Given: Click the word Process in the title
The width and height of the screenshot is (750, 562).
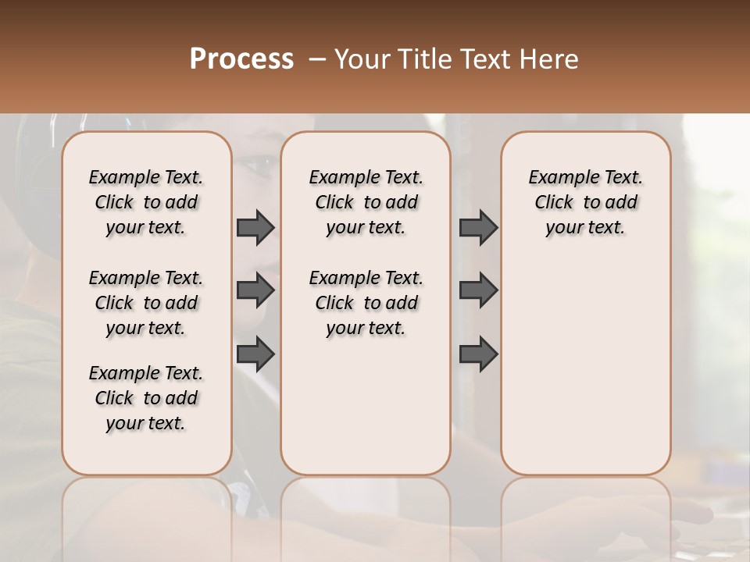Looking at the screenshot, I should coord(241,59).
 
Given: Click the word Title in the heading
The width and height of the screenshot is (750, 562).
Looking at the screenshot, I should coord(422,59).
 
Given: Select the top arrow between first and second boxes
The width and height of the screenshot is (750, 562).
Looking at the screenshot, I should coord(255,227).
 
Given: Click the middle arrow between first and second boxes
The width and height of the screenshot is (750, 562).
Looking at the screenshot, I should coord(255,290).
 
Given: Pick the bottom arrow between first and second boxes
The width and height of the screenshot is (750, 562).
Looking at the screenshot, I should coord(255,354).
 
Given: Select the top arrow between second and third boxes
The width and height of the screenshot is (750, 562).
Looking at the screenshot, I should coord(478,227).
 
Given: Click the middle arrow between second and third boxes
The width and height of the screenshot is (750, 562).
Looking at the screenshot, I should coord(478,290).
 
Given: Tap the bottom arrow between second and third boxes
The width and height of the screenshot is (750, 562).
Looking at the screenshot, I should coord(478,354).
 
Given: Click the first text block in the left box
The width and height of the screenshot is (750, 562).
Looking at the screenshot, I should coord(146,202).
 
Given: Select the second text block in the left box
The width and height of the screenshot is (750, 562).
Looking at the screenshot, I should coord(146,303).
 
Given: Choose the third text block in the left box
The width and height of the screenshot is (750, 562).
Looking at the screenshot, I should coord(146,398).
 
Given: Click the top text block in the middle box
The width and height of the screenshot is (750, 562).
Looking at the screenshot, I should coord(366,202).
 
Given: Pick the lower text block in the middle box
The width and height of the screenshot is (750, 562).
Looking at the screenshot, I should coord(366,303).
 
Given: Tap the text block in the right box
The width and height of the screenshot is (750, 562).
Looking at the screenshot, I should coord(585,202).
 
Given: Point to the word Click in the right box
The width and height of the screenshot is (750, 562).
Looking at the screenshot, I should coord(554,203).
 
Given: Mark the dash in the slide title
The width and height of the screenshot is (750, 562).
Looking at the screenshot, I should coord(316,59).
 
